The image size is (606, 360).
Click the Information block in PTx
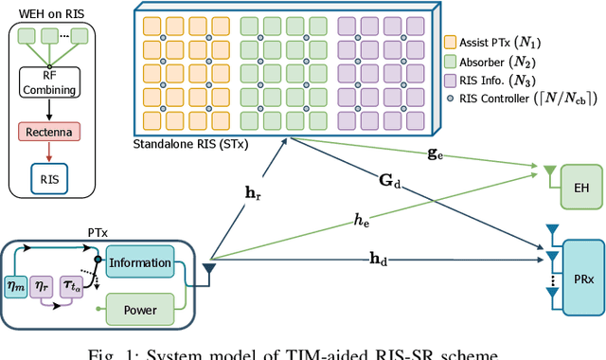pos(139,263)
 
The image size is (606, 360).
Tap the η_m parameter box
pos(17,283)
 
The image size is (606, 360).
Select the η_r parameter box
pos(43,283)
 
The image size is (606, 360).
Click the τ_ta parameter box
pos(71,283)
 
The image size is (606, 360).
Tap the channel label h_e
pos(361,220)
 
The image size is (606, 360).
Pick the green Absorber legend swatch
pos(450,62)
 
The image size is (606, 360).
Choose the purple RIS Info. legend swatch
pos(450,82)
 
